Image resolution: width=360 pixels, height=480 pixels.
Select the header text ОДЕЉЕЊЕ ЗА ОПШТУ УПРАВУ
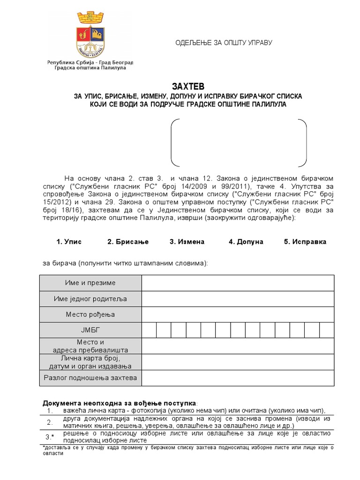pos(224,43)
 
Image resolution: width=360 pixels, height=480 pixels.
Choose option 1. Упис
pos(69,242)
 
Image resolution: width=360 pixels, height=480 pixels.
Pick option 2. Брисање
pos(127,242)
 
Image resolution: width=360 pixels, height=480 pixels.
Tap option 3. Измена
pos(187,242)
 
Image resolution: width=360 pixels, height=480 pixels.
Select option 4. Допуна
pos(246,242)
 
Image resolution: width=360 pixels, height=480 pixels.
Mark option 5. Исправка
pos(305,242)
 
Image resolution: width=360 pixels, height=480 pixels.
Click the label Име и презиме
pos(90,283)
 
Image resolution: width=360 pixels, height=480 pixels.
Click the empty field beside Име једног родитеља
pos(238,299)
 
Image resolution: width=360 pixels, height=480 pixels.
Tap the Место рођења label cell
pos(90,315)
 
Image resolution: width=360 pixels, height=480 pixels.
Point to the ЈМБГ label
pos(90,330)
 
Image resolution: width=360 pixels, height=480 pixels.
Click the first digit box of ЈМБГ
pos(149,330)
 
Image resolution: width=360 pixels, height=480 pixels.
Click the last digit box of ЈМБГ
pos(326,330)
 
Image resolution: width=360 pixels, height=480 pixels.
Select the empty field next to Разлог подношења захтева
pos(238,377)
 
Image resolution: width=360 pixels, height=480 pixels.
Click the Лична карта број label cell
pos(90,361)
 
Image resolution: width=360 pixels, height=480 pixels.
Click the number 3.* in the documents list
pos(50,437)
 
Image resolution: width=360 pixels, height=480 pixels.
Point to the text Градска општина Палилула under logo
pos(87,67)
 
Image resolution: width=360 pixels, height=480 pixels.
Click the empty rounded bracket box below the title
pos(239,142)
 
